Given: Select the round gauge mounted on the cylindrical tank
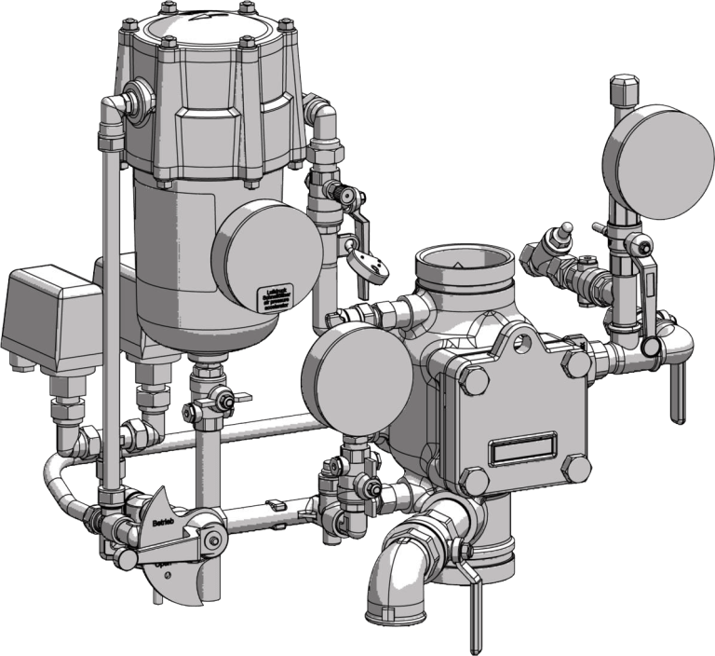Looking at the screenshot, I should (267, 249).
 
